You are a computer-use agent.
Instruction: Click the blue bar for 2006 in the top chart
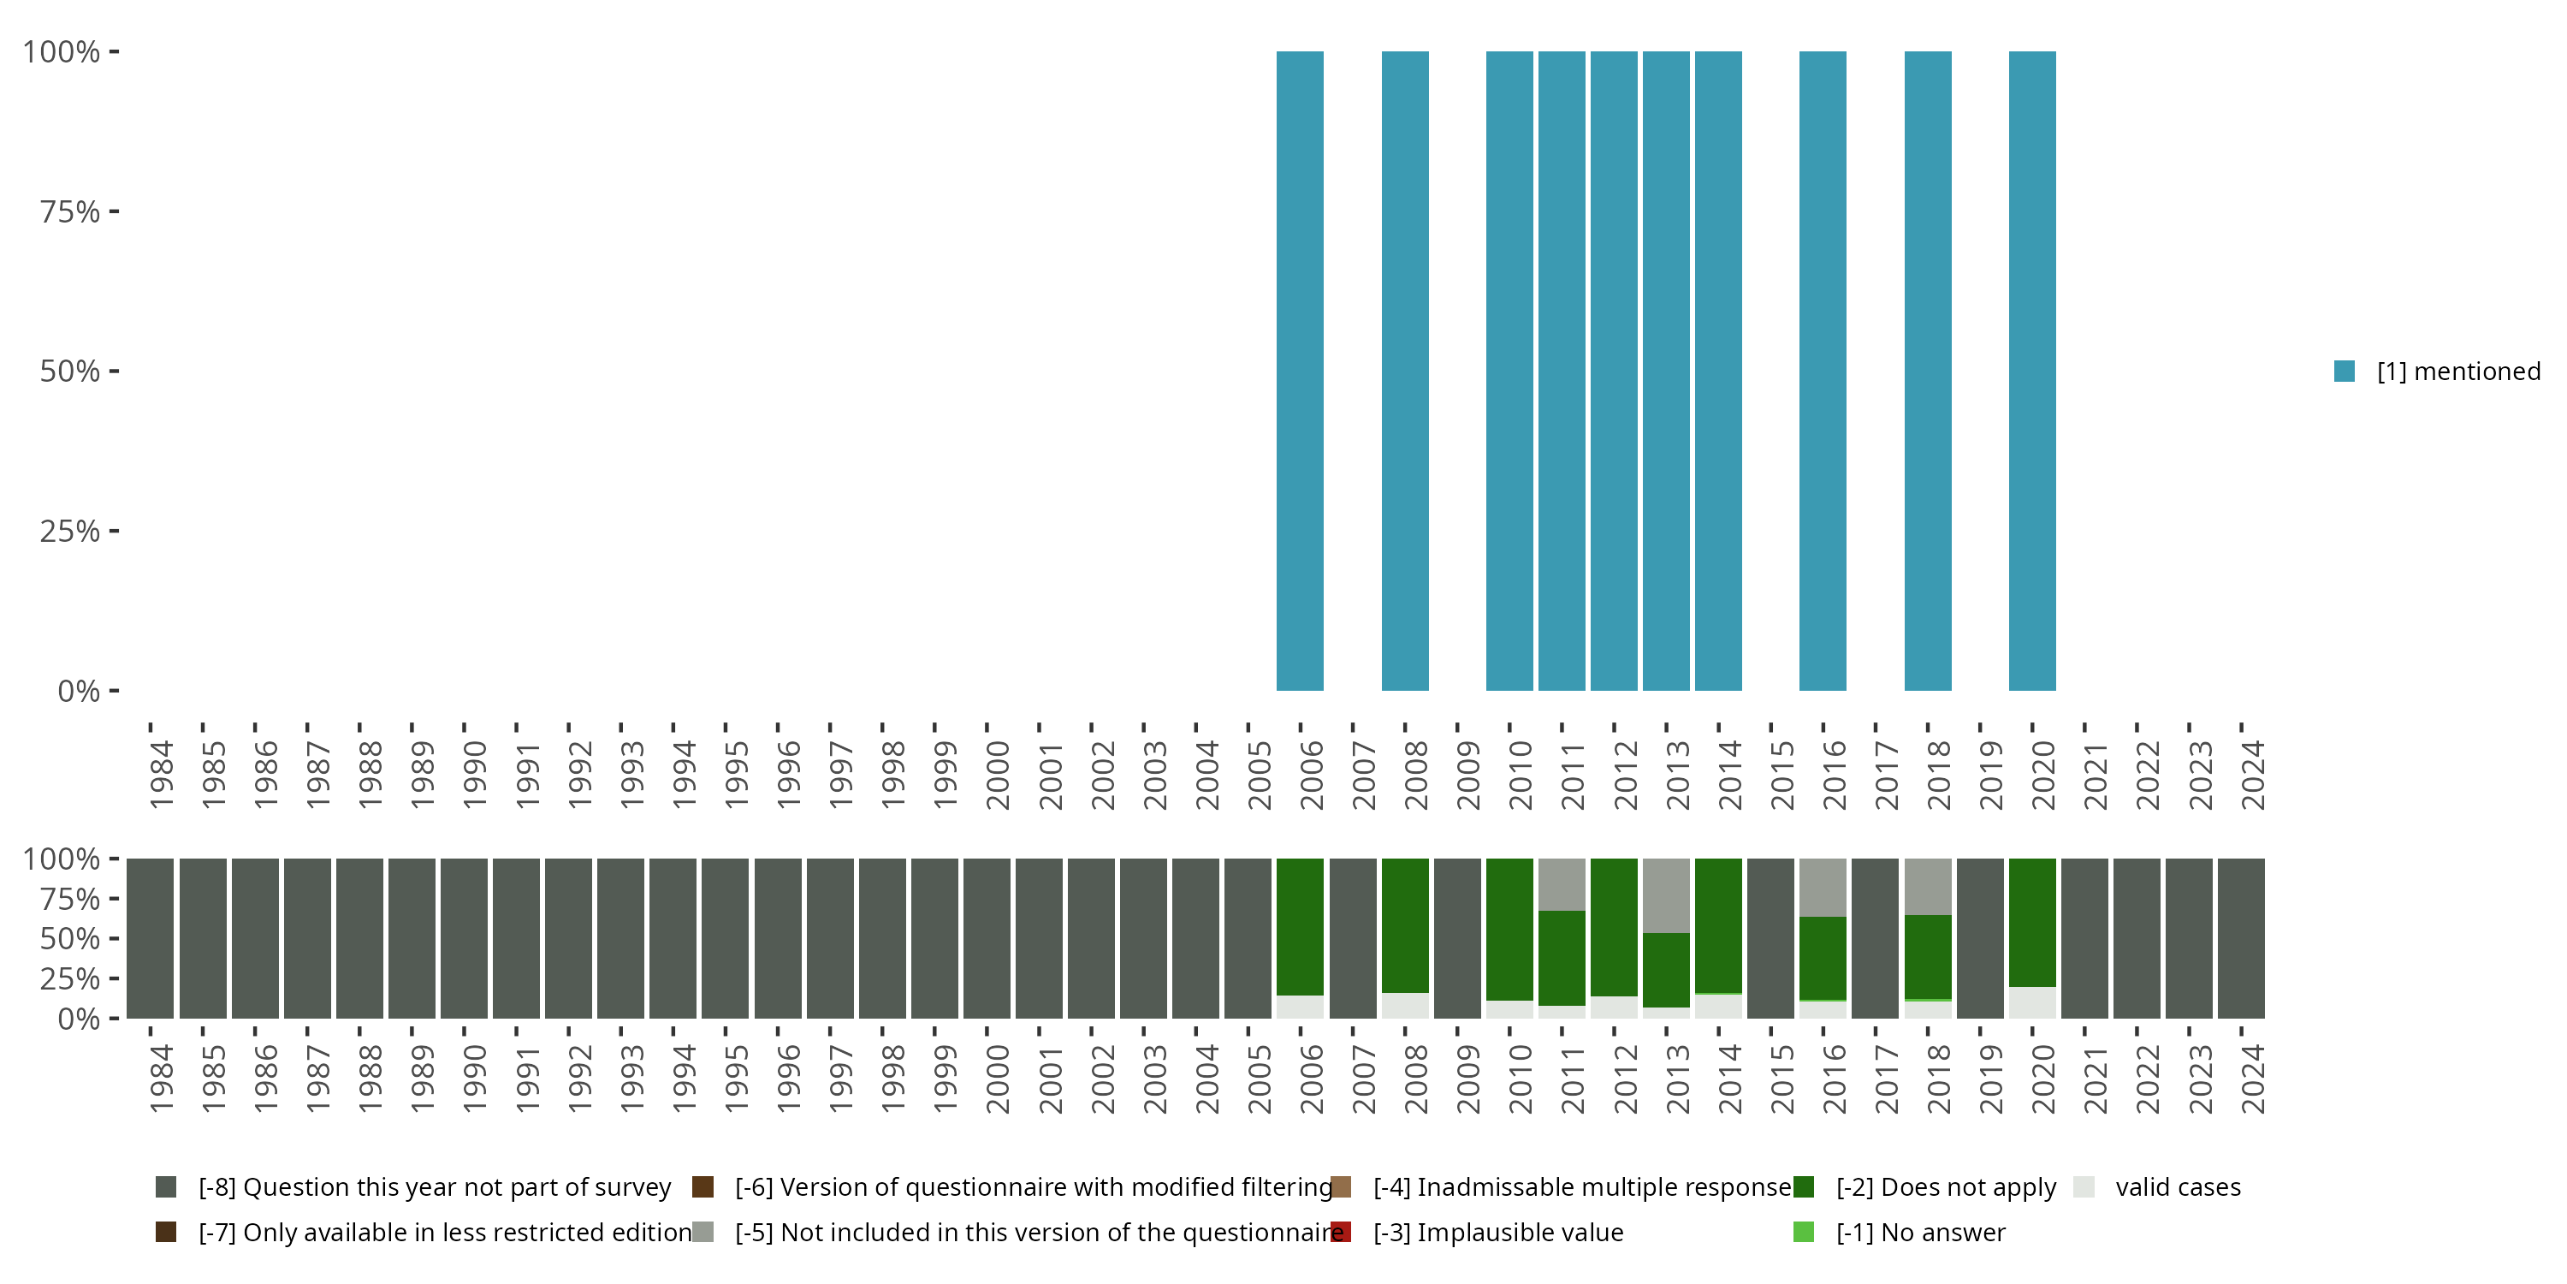click(1300, 371)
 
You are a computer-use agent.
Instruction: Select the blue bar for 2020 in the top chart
click(2032, 371)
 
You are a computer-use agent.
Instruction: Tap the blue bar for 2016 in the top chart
click(1823, 371)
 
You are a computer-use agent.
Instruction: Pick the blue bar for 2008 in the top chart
click(1404, 371)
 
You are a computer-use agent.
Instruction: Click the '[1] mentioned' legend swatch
click(2345, 372)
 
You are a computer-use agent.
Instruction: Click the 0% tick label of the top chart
click(78, 691)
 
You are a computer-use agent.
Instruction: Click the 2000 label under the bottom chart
click(997, 1079)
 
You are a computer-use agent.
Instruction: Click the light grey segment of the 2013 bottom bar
click(1666, 895)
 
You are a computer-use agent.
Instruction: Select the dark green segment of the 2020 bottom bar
click(2032, 922)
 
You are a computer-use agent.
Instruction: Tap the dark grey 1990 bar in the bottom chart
click(465, 938)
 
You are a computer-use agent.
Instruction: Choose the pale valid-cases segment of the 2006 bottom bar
click(1300, 1007)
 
